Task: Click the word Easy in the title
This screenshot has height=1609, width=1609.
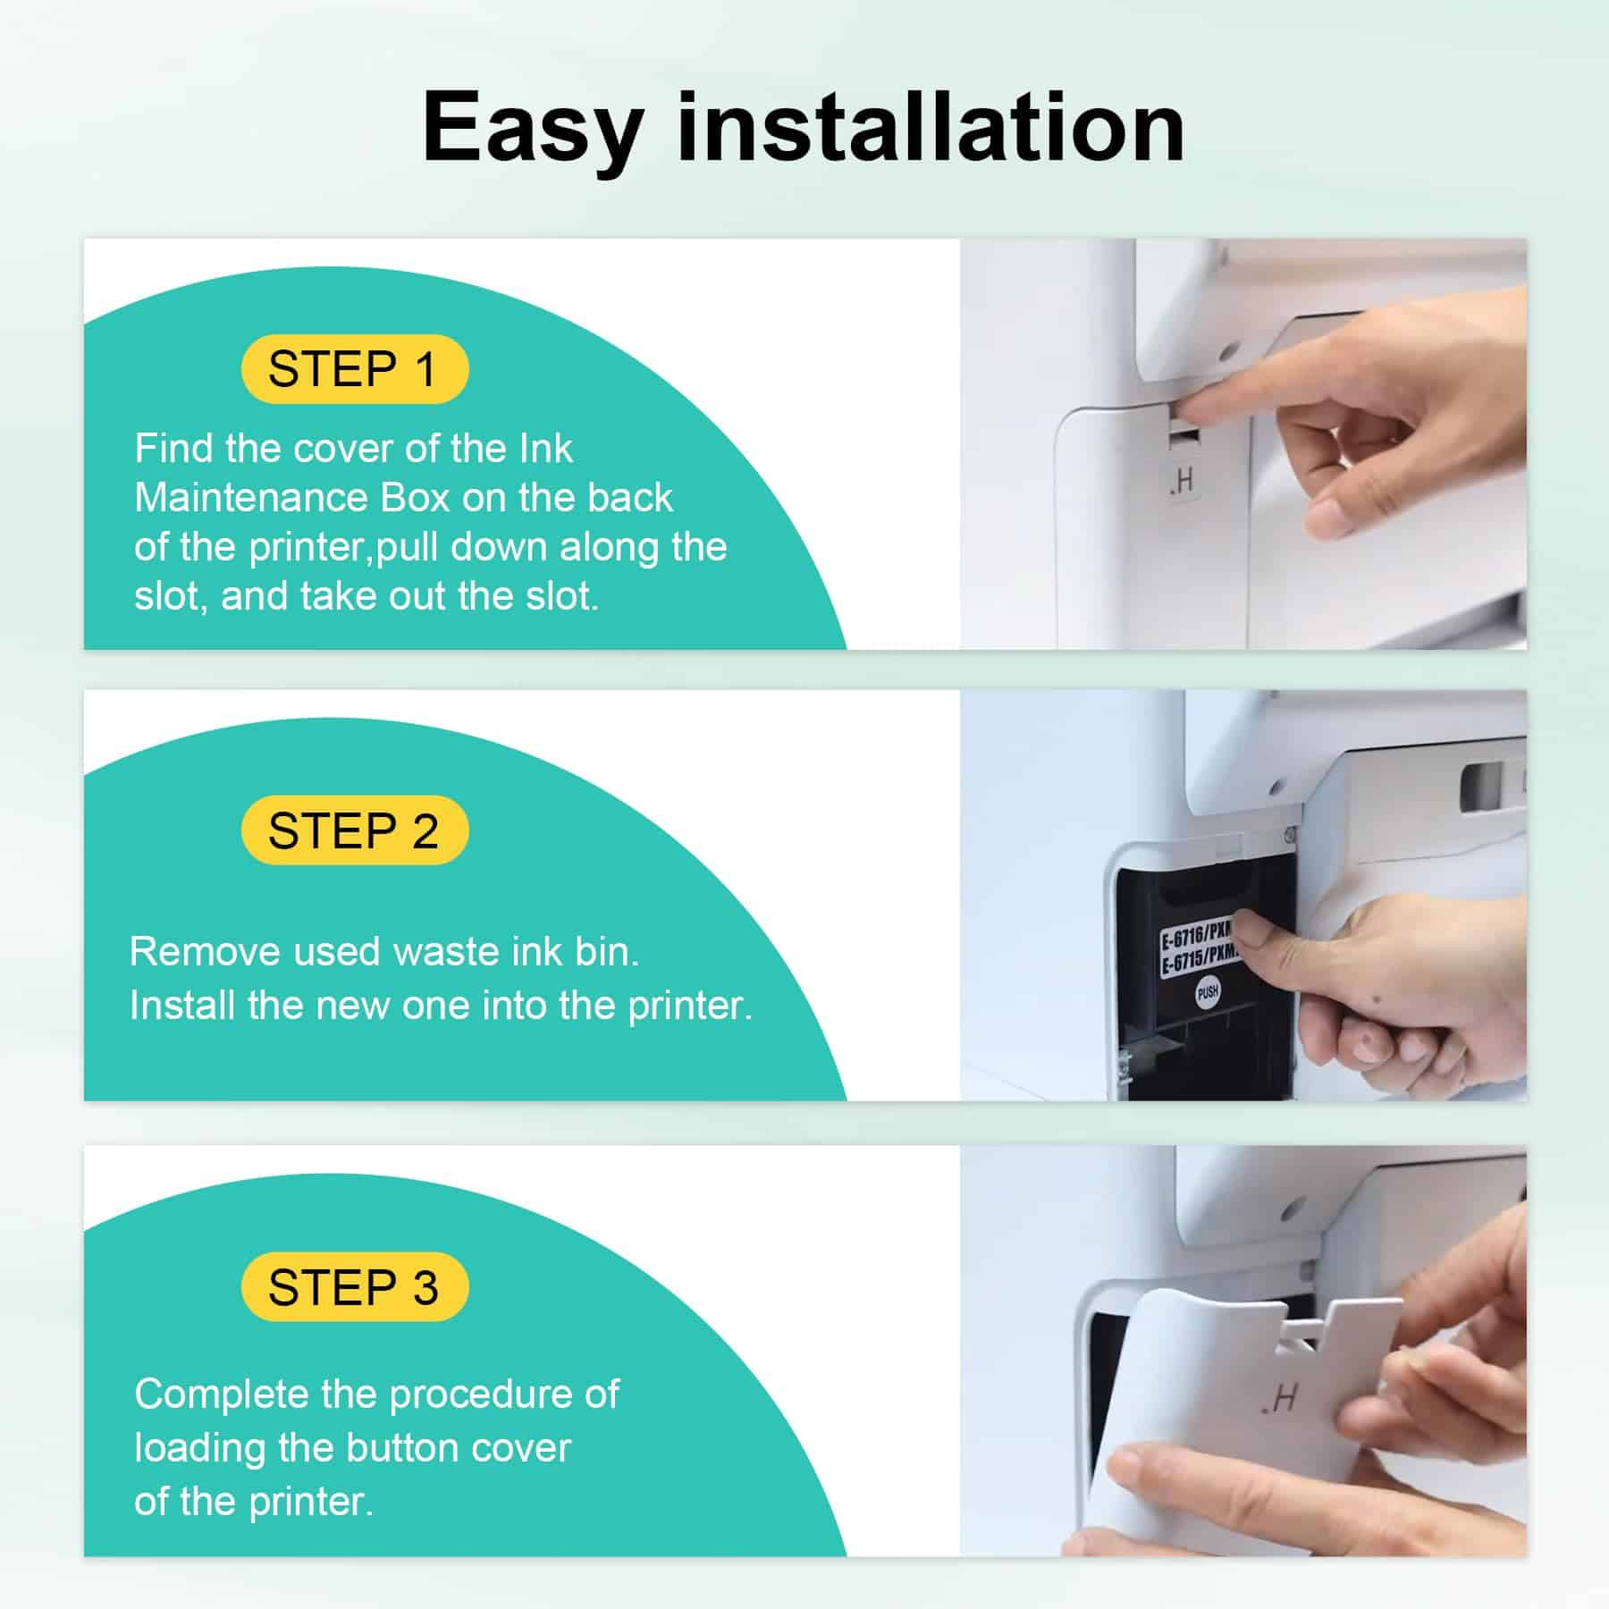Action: coord(533,129)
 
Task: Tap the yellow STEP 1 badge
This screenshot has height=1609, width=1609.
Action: coord(355,369)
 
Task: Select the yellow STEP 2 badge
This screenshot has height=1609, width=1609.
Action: coord(355,830)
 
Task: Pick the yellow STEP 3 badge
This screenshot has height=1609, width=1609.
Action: coord(355,1287)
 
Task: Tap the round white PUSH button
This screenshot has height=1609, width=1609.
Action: coord(1208,991)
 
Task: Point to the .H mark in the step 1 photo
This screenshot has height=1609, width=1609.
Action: coord(1181,483)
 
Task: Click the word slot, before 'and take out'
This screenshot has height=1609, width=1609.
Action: coord(171,597)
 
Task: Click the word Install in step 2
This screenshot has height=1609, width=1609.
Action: coord(182,1006)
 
